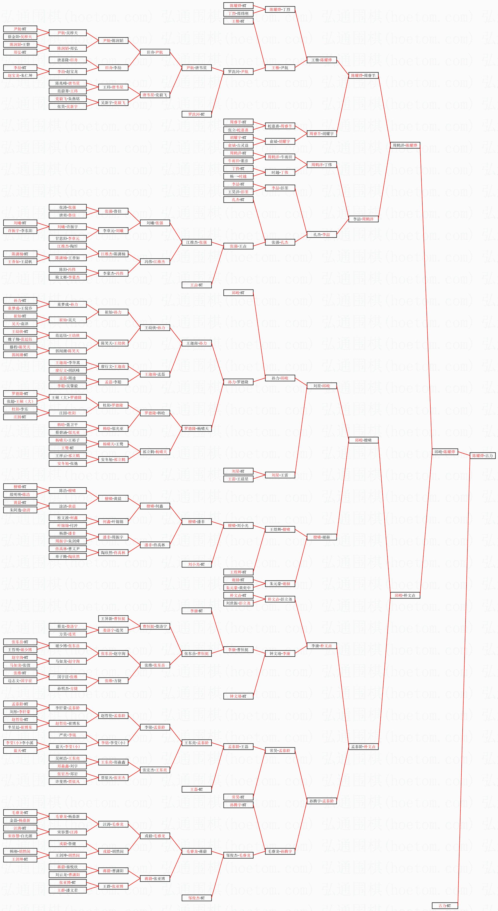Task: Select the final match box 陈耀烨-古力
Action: (x=482, y=455)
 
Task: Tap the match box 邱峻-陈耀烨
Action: (x=445, y=451)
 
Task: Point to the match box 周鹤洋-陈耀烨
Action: (x=405, y=145)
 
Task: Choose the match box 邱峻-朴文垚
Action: (x=405, y=595)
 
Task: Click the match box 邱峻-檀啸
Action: (x=363, y=440)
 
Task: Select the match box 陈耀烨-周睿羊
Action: (x=363, y=75)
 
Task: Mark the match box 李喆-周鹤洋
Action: (x=363, y=219)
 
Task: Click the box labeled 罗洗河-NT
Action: (x=196, y=114)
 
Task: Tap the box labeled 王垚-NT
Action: (x=196, y=285)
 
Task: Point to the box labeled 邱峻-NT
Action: (x=238, y=292)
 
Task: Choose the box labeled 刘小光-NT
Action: (x=196, y=564)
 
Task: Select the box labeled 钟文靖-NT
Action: (x=238, y=696)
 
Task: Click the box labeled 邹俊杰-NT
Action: (x=196, y=898)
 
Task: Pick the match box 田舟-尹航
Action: (x=155, y=52)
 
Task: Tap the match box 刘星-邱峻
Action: (x=321, y=386)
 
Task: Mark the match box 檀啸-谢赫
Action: (x=321, y=537)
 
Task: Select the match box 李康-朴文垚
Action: (x=321, y=646)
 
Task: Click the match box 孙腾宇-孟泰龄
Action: (x=321, y=801)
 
